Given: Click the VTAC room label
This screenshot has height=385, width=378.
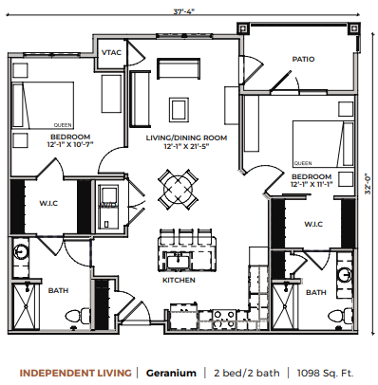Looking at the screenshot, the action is coord(111,52).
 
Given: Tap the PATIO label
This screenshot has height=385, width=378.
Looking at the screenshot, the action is coord(303,59).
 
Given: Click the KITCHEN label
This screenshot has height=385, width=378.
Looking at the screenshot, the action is coord(179,280).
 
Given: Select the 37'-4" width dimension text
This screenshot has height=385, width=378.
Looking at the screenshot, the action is coord(183,11).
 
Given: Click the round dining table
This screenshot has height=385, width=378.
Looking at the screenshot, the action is coord(178,189).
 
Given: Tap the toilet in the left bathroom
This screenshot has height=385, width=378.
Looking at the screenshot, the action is coord(77,316).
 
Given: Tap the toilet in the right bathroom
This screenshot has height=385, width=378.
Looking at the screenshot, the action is coord(340,316).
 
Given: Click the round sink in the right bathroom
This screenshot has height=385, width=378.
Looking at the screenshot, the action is coord(345,274).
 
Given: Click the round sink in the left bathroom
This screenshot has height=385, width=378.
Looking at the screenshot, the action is coord(21,252).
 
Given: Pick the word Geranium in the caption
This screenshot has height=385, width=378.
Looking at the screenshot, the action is coord(171,373).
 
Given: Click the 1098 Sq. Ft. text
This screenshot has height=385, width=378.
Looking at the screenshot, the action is coord(325,373).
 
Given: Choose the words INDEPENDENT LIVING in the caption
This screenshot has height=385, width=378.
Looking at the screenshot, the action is coord(75,373).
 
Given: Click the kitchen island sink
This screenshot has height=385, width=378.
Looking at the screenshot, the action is coord(178,263).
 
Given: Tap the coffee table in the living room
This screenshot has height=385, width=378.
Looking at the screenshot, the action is coord(180,109).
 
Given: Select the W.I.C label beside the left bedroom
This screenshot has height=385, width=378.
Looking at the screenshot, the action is coord(48,203).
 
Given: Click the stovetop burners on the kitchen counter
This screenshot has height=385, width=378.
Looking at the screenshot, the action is coord(224,319).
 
